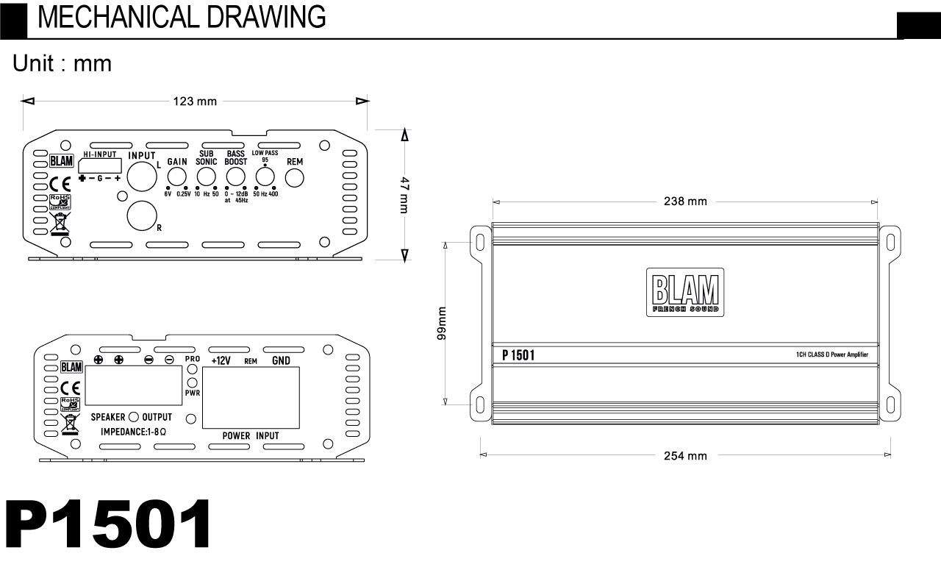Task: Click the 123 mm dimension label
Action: pos(195,101)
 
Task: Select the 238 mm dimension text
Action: pos(685,202)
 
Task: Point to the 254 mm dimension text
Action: pos(685,456)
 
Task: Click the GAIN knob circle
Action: pos(176,176)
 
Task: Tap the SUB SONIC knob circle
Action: pos(206,176)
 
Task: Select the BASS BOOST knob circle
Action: pos(235,176)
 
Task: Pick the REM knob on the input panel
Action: pos(294,176)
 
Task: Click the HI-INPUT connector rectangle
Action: pos(101,166)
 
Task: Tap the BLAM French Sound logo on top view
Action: pos(685,293)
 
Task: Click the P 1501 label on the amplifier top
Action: pos(518,356)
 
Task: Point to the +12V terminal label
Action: pos(222,360)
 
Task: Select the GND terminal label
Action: pos(281,360)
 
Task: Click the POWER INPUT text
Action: pos(251,435)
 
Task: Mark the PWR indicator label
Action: pos(192,393)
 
